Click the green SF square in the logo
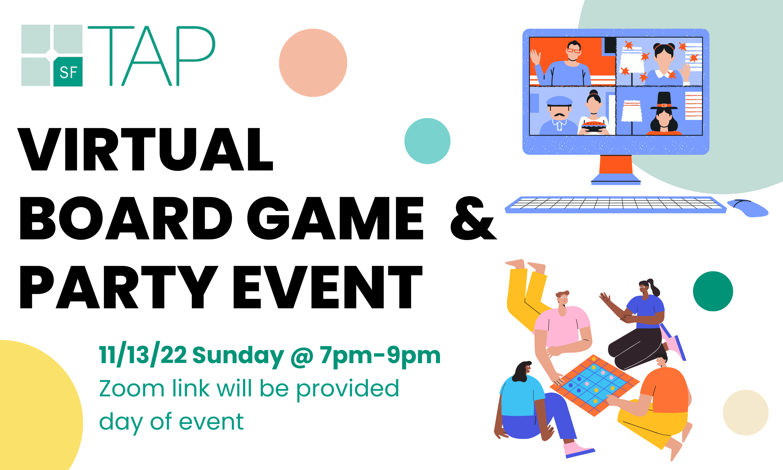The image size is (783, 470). tap(68, 71)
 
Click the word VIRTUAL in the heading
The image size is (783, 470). tap(145, 149)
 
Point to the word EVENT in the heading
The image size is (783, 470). tap(328, 287)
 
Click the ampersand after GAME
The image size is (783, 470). tap(473, 218)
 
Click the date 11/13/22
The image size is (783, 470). tap(143, 355)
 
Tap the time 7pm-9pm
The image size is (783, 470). tap(380, 355)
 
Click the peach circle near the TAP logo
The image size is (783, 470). tap(313, 63)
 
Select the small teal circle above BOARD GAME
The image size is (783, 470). tap(427, 141)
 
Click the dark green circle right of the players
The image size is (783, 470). tap(713, 291)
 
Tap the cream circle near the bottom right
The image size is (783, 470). tap(745, 413)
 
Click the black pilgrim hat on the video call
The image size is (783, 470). tap(664, 100)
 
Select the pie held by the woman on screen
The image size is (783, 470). tap(594, 125)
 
